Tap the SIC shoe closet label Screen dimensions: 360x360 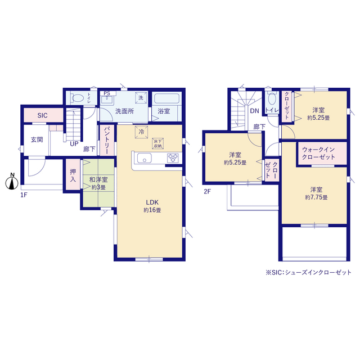pyautogui.click(x=43, y=115)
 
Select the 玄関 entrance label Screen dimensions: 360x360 pyautogui.click(x=37, y=139)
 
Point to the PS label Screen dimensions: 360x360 pyautogui.click(x=107, y=93)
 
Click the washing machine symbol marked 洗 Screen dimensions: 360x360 pyautogui.click(x=141, y=97)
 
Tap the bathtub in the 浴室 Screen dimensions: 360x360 pyautogui.click(x=166, y=98)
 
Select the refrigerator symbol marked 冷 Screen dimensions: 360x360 pyautogui.click(x=141, y=132)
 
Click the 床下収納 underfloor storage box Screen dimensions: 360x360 pyautogui.click(x=157, y=143)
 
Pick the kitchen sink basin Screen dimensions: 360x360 pyautogui.click(x=144, y=158)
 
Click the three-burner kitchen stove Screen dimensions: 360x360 pyautogui.click(x=173, y=158)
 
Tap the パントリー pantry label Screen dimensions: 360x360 pyautogui.click(x=107, y=140)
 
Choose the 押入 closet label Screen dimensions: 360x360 pyautogui.click(x=73, y=175)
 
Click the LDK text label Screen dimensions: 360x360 pyautogui.click(x=152, y=202)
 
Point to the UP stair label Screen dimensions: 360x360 pyautogui.click(x=74, y=144)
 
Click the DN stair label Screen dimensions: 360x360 pyautogui.click(x=254, y=111)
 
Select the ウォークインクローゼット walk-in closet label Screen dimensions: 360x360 pyautogui.click(x=318, y=154)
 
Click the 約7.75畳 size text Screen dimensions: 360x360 pyautogui.click(x=316, y=197)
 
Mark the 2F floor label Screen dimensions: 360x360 pyautogui.click(x=207, y=191)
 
